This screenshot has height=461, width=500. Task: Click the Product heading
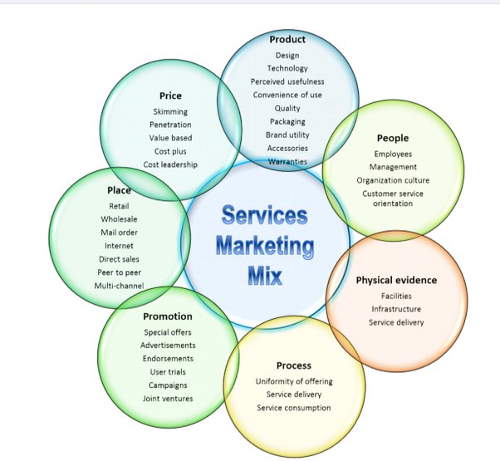tap(287, 39)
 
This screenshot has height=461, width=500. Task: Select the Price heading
tap(170, 96)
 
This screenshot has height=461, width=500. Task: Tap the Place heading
tap(119, 190)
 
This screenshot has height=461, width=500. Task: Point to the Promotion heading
tap(168, 316)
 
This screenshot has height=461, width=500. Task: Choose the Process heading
tap(293, 365)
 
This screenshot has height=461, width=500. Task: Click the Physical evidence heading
tap(396, 280)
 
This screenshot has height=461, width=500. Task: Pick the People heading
tap(393, 138)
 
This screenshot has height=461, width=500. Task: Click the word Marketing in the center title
tap(266, 246)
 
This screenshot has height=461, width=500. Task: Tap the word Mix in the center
tap(265, 276)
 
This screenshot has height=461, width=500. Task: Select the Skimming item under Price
tap(170, 111)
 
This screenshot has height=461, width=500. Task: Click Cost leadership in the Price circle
tap(170, 164)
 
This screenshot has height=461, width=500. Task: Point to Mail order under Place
tap(119, 233)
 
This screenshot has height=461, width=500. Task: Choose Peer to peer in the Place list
tap(119, 272)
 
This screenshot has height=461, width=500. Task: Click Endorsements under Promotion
tap(169, 359)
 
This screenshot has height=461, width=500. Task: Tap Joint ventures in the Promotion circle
tap(169, 399)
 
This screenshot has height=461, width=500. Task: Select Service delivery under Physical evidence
tap(396, 322)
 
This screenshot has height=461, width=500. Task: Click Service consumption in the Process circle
tap(293, 408)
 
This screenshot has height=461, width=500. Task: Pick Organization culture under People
tap(393, 180)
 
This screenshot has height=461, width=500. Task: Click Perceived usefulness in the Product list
tap(287, 81)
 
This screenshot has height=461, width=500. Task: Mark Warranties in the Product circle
tap(287, 161)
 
